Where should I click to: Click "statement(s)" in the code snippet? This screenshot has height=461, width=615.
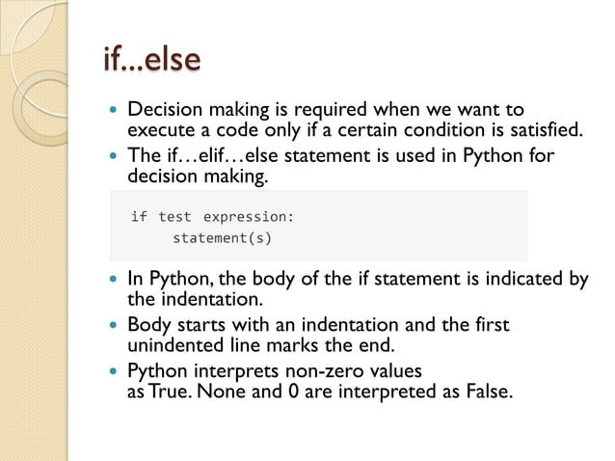coord(222,237)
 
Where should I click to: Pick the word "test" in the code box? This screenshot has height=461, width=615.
coord(175,217)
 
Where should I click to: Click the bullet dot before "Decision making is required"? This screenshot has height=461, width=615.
coord(116,110)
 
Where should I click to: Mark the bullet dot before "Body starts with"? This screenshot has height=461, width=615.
coord(116,325)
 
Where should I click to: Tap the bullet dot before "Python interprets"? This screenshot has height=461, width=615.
coord(116,371)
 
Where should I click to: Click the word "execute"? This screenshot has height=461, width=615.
coord(161,130)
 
